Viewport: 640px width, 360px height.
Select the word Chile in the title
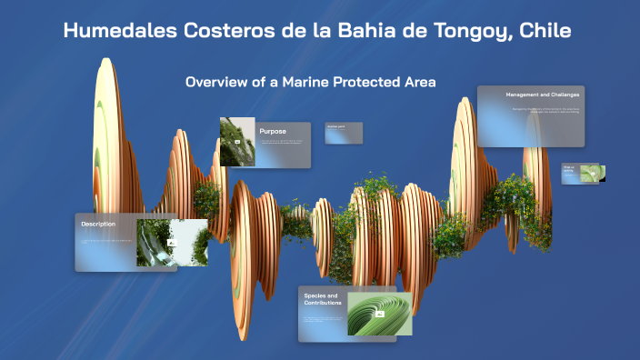(x=544, y=32)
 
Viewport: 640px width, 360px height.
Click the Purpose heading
(x=273, y=131)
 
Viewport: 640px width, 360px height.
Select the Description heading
(x=98, y=224)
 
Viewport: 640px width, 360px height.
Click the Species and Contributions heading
(x=322, y=299)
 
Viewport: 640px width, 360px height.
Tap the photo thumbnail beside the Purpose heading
(x=236, y=142)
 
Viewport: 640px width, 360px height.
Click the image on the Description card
(x=172, y=243)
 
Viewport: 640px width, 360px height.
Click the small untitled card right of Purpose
(x=337, y=133)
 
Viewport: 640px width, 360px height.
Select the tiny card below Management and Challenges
(x=582, y=173)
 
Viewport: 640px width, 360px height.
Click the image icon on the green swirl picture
(x=380, y=315)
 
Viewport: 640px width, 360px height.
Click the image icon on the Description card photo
(x=172, y=244)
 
